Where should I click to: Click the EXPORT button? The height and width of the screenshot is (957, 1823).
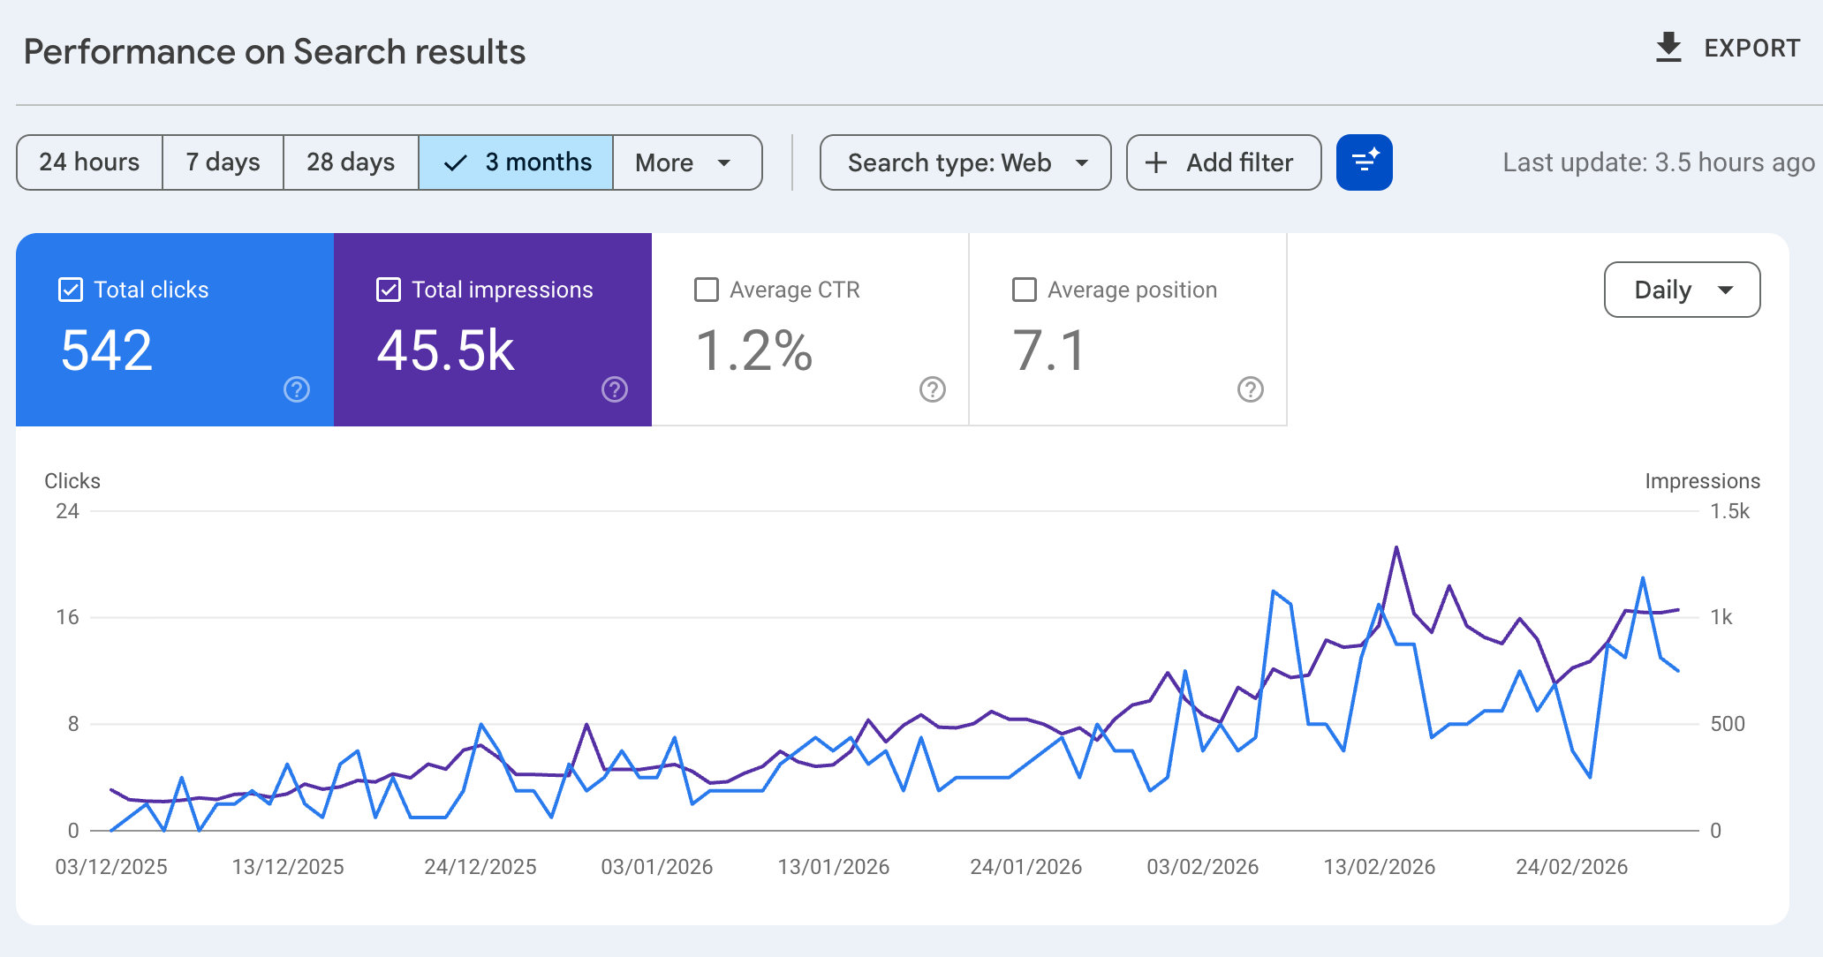point(1728,49)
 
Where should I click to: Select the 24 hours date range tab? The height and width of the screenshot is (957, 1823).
point(89,162)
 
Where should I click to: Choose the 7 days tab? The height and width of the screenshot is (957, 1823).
point(223,162)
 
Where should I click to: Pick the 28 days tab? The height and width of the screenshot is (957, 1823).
point(351,162)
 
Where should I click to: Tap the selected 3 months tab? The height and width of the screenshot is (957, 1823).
point(517,162)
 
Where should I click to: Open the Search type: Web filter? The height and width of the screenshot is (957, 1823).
point(965,162)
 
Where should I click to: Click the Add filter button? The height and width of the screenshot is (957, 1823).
point(1223,162)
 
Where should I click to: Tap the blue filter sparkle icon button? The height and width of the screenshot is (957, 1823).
point(1365,162)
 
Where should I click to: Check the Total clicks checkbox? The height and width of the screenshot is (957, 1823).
point(71,290)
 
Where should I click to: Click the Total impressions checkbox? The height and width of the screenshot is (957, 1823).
point(389,290)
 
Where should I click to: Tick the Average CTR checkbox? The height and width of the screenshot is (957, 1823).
point(707,290)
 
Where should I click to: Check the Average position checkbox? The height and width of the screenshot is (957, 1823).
point(1025,290)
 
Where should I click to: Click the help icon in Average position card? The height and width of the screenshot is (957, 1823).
point(1251,389)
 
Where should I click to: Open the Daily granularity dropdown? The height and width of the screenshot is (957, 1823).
point(1682,290)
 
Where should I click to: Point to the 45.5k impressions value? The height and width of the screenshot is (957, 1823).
point(446,351)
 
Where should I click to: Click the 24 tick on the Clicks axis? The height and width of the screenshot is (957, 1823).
point(67,511)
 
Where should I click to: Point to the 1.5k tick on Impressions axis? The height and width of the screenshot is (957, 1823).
point(1729,511)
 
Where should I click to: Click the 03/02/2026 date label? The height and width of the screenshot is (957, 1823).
point(1202,867)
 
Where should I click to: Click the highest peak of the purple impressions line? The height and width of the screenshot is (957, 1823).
point(1396,547)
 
